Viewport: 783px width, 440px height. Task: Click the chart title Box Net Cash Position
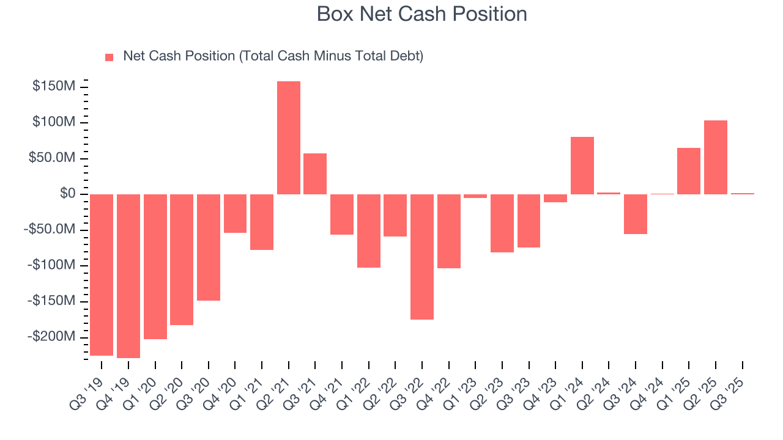click(421, 14)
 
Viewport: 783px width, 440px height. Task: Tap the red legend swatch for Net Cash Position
click(109, 57)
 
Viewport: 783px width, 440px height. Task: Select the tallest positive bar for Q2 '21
click(288, 137)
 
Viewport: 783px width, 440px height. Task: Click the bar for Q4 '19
click(128, 276)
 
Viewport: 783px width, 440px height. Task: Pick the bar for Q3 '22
click(422, 257)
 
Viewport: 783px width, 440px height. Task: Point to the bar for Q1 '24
click(582, 166)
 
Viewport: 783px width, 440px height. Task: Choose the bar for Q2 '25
click(715, 157)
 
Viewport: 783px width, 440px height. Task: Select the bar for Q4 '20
click(235, 213)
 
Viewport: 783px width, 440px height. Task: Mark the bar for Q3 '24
click(636, 214)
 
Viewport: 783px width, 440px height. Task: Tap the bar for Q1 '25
click(689, 171)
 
